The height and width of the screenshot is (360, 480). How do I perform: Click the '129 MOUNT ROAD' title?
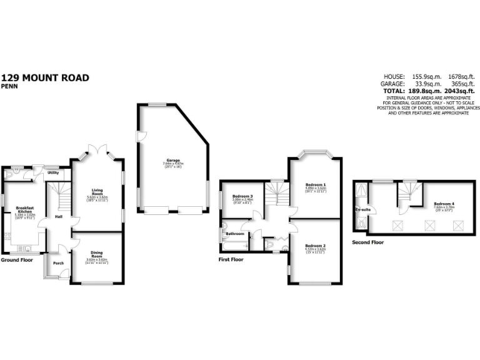point(45,78)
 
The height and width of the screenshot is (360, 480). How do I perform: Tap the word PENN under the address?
point(9,87)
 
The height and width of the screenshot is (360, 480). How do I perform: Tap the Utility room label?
point(53,172)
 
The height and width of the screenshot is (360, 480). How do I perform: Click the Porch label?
point(58,263)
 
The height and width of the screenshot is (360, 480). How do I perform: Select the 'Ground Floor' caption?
point(17,259)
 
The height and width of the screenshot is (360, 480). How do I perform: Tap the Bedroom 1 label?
point(316,184)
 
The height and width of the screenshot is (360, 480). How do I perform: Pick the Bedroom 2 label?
point(316,246)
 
